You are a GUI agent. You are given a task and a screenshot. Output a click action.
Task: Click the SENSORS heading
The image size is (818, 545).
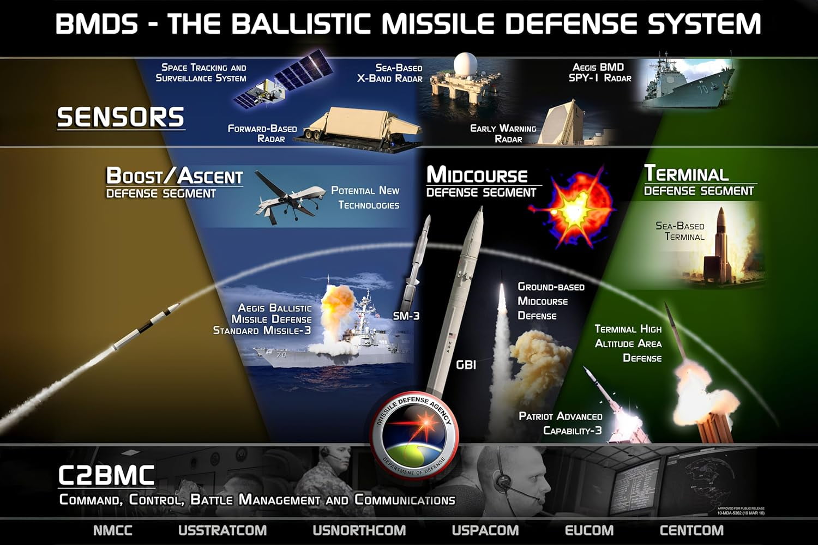pos(121,117)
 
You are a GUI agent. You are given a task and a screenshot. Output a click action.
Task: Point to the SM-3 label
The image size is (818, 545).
pos(406,316)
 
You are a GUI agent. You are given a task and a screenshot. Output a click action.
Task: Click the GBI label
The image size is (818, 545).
pos(466,364)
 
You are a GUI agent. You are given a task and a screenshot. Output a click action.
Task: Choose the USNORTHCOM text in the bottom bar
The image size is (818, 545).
pos(359,530)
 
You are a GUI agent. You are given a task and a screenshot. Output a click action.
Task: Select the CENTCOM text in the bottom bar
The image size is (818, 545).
pos(691,530)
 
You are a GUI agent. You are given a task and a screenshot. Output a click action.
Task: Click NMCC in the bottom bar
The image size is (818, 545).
pos(113,530)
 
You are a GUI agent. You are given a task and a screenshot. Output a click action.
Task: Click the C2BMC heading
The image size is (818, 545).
pos(106,476)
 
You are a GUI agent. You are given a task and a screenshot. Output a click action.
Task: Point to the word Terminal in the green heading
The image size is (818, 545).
pos(686,173)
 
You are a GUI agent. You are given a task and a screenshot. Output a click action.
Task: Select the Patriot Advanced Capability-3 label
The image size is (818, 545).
pos(561,423)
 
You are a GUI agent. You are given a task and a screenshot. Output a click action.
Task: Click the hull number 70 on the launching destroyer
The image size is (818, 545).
pos(281,355)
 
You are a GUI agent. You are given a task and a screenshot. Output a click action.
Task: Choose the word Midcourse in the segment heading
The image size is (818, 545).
pos(477,175)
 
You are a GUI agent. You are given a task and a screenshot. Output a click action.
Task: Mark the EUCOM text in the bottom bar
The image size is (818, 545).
pos(589,530)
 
